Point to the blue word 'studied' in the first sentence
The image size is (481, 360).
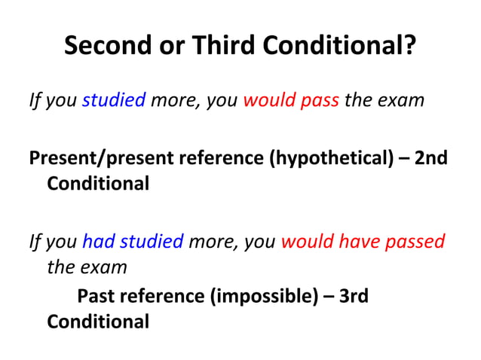(113, 99)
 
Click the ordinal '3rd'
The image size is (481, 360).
(354, 297)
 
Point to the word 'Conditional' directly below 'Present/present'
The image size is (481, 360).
(98, 184)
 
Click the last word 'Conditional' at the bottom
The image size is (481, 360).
(98, 322)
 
